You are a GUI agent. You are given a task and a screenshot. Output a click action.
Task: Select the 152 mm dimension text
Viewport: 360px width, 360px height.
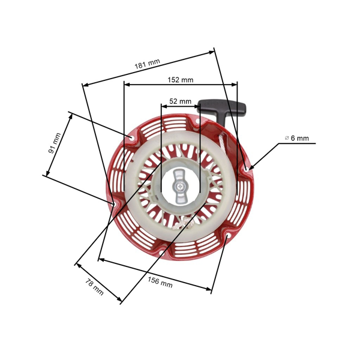click(180, 80)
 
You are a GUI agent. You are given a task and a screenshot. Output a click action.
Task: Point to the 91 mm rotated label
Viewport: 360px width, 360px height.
click(55, 143)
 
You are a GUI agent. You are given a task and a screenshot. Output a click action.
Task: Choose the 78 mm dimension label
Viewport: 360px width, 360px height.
click(94, 287)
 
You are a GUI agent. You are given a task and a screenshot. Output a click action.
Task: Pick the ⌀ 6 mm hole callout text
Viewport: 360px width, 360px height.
click(297, 138)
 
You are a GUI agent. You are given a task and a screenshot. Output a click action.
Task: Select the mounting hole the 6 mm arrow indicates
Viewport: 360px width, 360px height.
click(247, 172)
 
